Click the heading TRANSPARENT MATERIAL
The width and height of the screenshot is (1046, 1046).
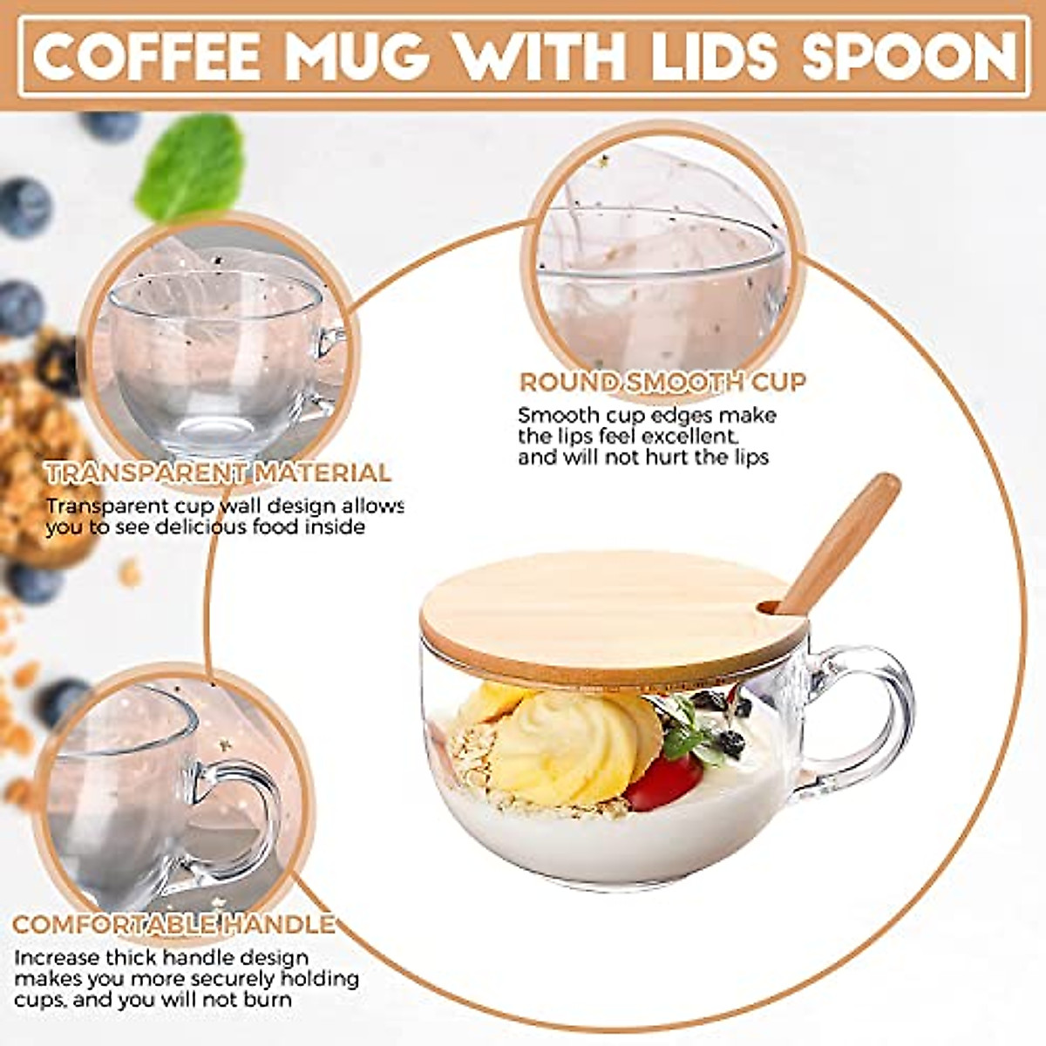click(x=218, y=473)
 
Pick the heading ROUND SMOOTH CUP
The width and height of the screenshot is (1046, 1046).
click(x=662, y=382)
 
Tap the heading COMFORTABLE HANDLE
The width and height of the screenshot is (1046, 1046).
click(x=174, y=924)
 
